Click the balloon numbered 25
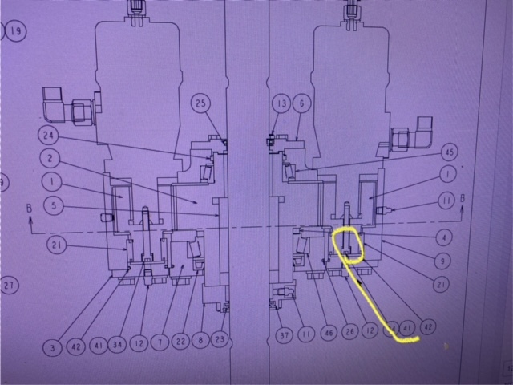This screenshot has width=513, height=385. [200, 103]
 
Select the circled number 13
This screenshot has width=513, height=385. [280, 103]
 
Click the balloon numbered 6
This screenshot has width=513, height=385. [300, 103]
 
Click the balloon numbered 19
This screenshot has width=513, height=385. [16, 33]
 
